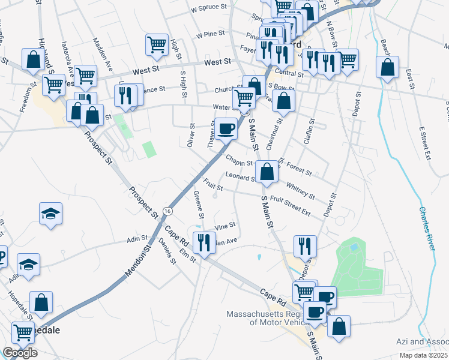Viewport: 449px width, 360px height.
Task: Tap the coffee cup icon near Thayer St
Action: click(x=226, y=128)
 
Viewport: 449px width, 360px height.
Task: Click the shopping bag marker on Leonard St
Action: click(x=267, y=172)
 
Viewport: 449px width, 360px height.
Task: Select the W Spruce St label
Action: click(x=210, y=10)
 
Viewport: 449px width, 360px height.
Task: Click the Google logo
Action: click(x=20, y=352)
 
